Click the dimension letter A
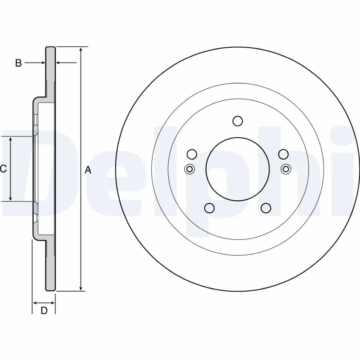88,170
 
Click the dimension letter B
18,63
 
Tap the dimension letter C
3,169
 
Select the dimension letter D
44,310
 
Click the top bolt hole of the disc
238,121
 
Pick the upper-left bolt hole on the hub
192,154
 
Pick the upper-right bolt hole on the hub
283,154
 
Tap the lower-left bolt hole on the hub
209,207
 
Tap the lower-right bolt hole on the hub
266,207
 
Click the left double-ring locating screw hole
190,169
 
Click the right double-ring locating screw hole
285,169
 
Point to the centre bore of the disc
237,169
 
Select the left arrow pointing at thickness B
42,63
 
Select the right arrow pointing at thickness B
59,63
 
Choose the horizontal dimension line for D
44,302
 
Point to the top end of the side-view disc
50,47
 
